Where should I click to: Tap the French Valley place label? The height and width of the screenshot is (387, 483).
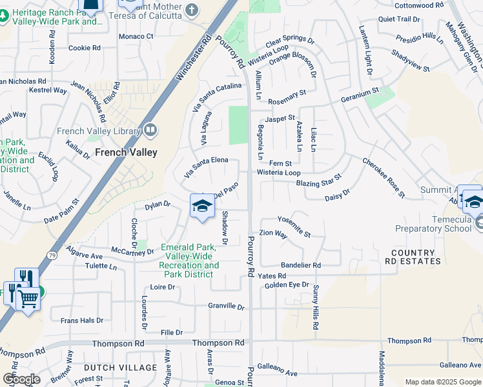point(126,153)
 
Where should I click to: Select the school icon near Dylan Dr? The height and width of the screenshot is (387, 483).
point(202,206)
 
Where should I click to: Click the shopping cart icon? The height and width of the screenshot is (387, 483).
point(28,298)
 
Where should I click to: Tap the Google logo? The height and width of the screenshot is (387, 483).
point(21,379)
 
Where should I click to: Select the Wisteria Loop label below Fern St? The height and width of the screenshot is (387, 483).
point(278,173)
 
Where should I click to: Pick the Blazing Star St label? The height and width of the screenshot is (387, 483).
point(318,181)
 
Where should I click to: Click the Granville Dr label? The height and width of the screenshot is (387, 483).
point(226,306)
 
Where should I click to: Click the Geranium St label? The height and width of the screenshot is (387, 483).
point(359,95)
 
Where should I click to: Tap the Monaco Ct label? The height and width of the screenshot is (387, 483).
point(136,36)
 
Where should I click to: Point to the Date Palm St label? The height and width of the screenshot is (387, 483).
point(61,211)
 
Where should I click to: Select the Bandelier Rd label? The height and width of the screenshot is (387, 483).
point(300,265)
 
